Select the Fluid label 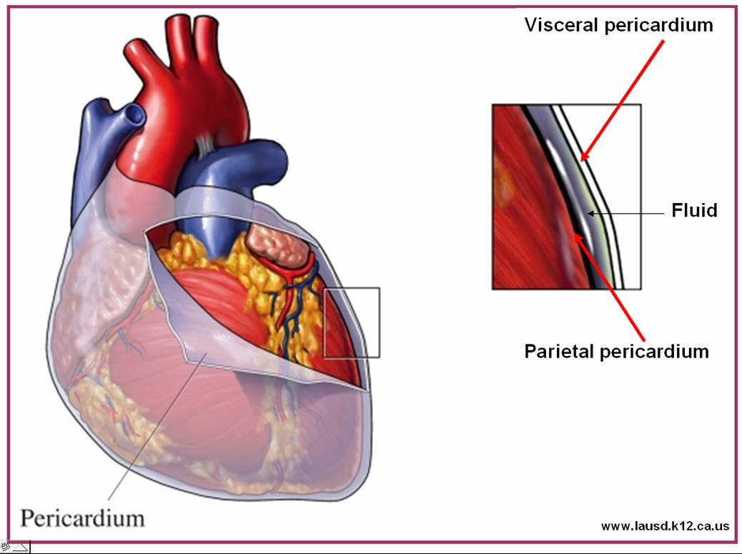coord(694,211)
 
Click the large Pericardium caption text coord(82,517)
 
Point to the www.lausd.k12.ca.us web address coord(665,526)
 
